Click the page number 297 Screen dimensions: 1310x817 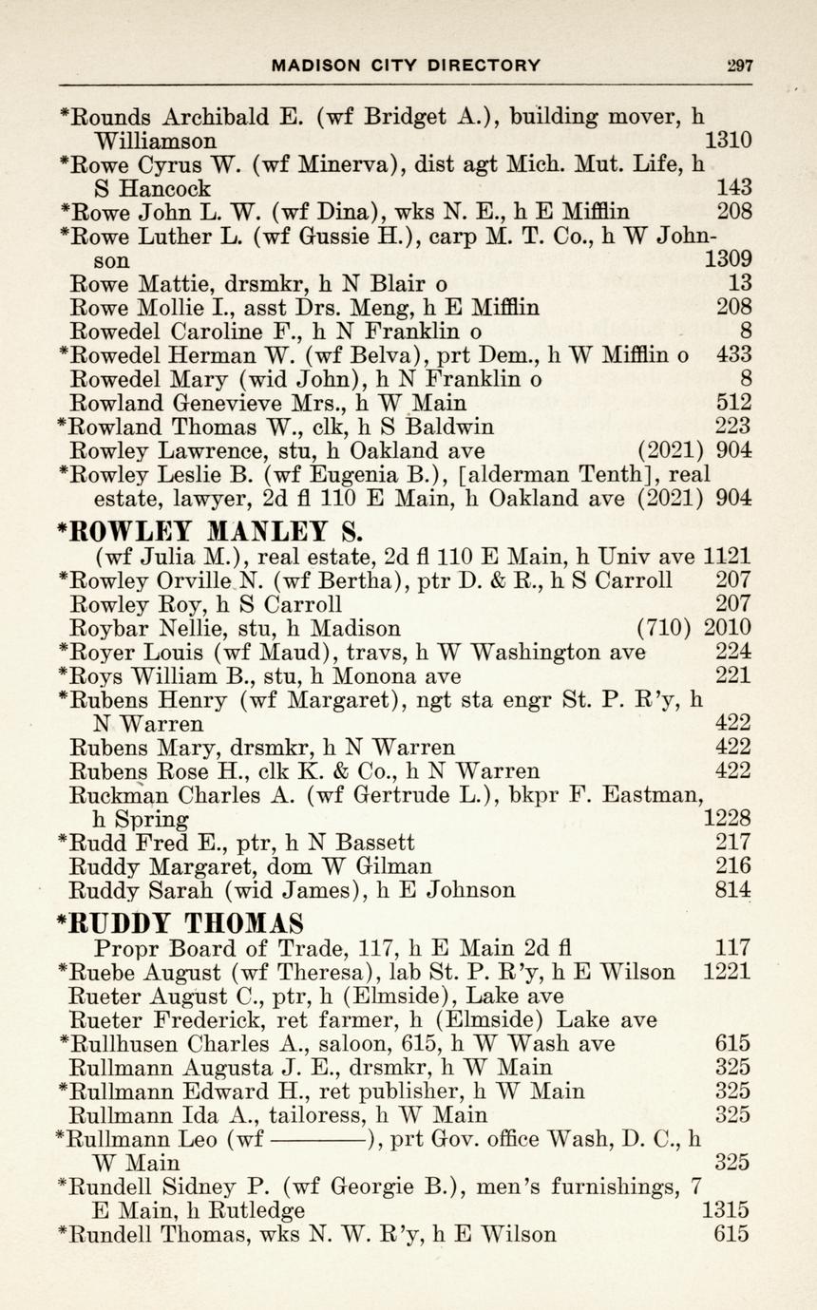point(737,66)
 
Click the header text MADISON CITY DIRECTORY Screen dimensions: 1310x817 point(406,66)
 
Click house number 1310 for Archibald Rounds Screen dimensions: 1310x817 point(729,141)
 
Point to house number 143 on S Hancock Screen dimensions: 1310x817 point(734,187)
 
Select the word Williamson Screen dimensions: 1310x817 point(154,142)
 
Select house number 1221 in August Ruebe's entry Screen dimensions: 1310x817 point(728,972)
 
